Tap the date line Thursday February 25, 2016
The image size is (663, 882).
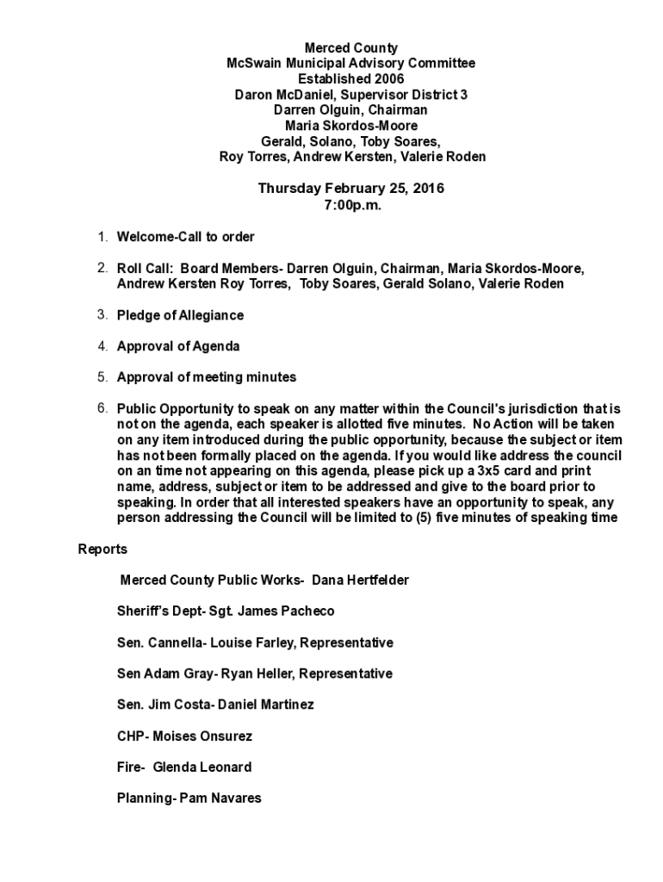[351, 189]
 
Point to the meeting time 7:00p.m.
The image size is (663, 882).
[352, 206]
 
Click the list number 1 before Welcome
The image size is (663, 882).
[101, 237]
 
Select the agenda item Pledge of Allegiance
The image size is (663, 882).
[180, 315]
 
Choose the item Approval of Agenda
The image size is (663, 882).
[178, 346]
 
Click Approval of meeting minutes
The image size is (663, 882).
[207, 377]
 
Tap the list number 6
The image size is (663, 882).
[101, 408]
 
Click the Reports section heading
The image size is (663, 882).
[102, 550]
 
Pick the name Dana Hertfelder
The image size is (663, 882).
[361, 581]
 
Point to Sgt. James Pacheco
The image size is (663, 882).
[271, 612]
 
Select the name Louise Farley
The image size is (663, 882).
[258, 643]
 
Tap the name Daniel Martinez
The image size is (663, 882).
[266, 705]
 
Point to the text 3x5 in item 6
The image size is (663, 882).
[494, 471]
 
